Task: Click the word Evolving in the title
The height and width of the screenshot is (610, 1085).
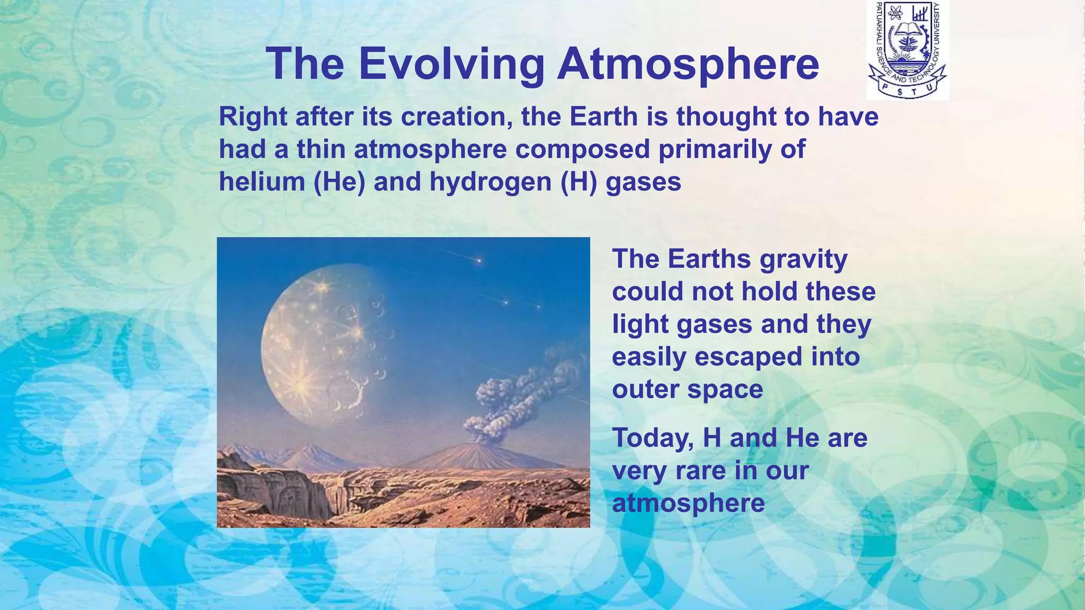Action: [451, 65]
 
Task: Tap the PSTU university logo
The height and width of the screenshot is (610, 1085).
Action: [907, 50]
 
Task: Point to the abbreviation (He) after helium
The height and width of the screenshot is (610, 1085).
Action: [339, 182]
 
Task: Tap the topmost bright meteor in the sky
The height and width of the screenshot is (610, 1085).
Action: [479, 260]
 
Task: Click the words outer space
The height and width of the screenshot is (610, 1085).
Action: [687, 390]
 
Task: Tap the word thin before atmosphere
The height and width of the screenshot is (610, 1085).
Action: [321, 149]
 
